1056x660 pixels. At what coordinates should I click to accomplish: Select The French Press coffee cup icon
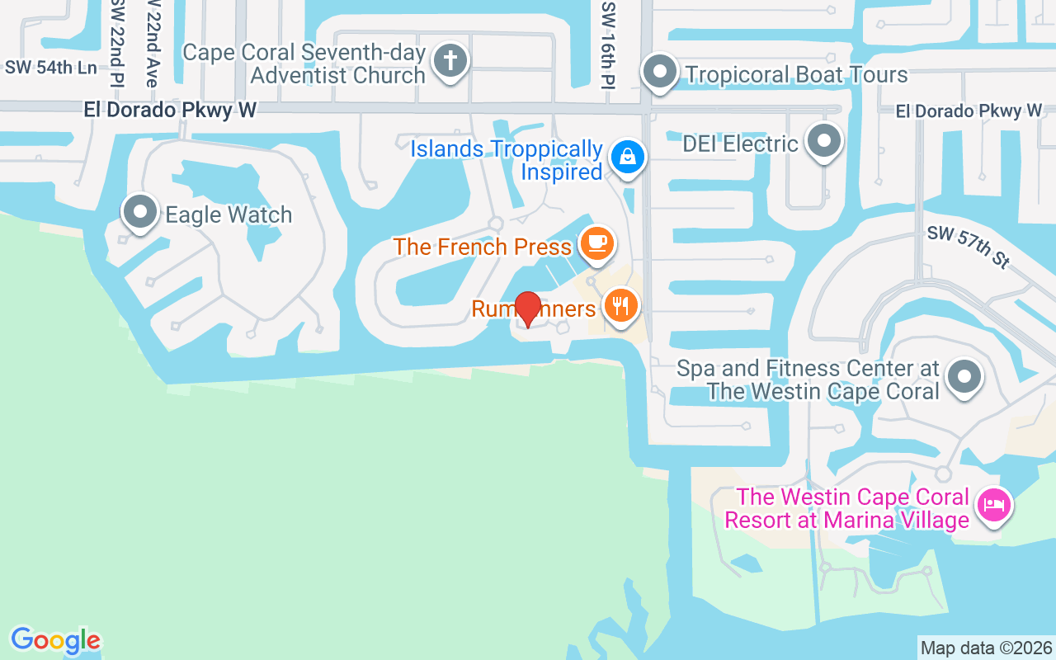(596, 243)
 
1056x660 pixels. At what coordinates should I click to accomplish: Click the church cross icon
(450, 60)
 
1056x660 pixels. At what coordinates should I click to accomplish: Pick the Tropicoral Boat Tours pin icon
(659, 72)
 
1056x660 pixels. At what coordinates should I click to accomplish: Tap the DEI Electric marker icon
(823, 141)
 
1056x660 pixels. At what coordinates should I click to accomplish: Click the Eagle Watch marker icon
(139, 212)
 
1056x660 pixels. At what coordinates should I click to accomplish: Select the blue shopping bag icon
(627, 156)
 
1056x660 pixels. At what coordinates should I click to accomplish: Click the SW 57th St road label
(969, 247)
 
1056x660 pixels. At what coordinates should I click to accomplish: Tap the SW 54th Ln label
(51, 68)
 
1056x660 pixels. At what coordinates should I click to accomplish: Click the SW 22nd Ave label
(151, 43)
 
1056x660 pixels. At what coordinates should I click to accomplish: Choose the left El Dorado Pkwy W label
(170, 110)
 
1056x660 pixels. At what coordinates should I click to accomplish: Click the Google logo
(55, 640)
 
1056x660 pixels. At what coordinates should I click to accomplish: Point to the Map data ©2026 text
(986, 648)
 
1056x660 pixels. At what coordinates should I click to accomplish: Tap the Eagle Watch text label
(229, 215)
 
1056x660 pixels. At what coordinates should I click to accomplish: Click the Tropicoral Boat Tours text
(796, 75)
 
